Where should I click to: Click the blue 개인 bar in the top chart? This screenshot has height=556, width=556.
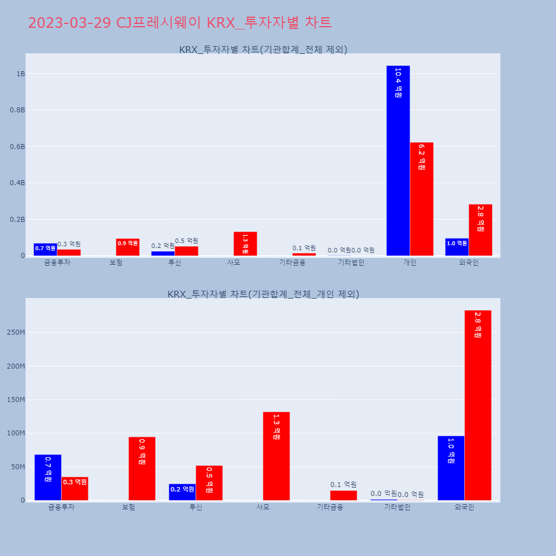(398, 161)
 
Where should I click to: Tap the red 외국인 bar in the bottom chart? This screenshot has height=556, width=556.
(478, 405)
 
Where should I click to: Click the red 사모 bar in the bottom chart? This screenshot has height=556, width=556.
(276, 456)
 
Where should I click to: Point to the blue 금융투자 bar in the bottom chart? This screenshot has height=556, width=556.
(48, 478)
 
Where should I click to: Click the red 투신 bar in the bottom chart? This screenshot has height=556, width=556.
(209, 483)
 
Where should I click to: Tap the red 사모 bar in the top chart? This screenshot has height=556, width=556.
(245, 244)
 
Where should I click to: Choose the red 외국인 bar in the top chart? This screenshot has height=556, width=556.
(480, 230)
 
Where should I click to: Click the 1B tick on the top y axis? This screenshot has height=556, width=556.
(21, 74)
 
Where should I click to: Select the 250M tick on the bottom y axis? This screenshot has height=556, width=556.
(16, 332)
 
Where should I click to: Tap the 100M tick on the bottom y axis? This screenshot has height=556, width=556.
(16, 433)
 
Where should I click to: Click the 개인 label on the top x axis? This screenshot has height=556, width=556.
(410, 263)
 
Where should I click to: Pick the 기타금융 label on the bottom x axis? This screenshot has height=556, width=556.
(330, 507)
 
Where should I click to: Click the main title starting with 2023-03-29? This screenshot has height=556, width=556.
(180, 23)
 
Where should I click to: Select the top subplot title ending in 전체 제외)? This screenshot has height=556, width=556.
(263, 49)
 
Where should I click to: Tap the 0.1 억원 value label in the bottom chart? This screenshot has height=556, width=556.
(344, 485)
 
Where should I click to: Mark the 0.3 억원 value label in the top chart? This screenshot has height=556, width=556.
(69, 244)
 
